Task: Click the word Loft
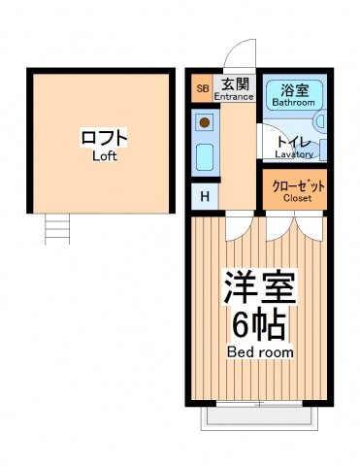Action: [x=104, y=155]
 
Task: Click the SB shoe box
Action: [x=203, y=89]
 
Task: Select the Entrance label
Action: [x=233, y=96]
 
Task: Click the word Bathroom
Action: [x=292, y=102]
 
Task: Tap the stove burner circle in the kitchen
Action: [x=205, y=123]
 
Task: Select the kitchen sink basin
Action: [x=205, y=156]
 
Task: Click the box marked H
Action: [x=203, y=197]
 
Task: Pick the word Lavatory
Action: [x=293, y=153]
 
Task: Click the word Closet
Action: [x=297, y=199]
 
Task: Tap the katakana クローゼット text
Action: [x=297, y=185]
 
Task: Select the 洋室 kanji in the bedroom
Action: [x=260, y=287]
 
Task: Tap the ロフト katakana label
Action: [x=104, y=138]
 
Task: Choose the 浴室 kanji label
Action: [x=292, y=88]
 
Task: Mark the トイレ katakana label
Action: [x=293, y=141]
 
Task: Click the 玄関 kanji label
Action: [x=233, y=83]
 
